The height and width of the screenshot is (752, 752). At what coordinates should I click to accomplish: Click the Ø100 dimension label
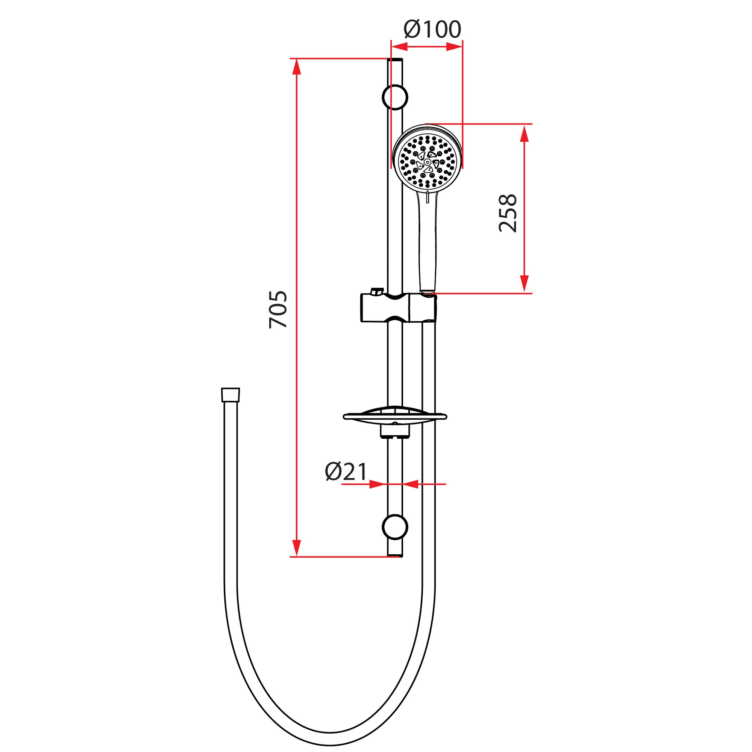pyautogui.click(x=432, y=30)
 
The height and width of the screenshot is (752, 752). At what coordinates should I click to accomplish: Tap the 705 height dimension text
pyautogui.click(x=279, y=310)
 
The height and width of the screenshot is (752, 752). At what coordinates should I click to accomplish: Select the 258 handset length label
pyautogui.click(x=508, y=213)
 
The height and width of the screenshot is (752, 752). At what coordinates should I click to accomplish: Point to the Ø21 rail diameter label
pyautogui.click(x=346, y=472)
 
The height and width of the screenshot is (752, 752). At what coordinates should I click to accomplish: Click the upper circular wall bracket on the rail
pyautogui.click(x=395, y=97)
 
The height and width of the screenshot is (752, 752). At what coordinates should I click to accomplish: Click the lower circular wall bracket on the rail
pyautogui.click(x=395, y=527)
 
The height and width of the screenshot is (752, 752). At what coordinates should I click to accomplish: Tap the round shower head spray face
pyautogui.click(x=428, y=162)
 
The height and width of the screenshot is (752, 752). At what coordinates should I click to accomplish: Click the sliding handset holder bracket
pyautogui.click(x=399, y=308)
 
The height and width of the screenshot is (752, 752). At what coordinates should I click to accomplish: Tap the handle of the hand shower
pyautogui.click(x=428, y=241)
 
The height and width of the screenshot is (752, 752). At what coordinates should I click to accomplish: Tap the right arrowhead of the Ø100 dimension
pyautogui.click(x=454, y=47)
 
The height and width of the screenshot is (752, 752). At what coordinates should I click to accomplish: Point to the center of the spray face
pyautogui.click(x=428, y=162)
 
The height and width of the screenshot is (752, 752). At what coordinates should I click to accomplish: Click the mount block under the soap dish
pyautogui.click(x=395, y=431)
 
